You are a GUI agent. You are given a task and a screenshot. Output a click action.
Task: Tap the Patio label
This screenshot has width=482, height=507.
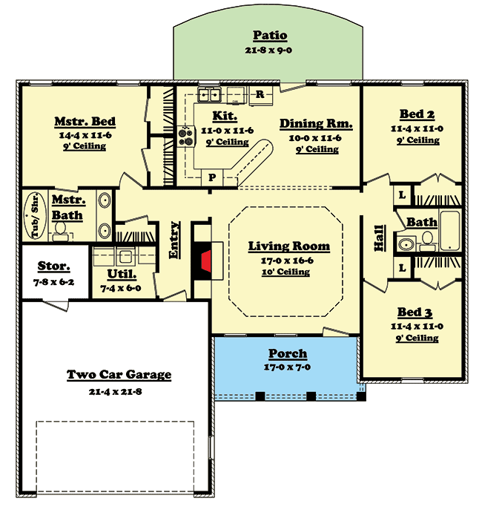point(269,36)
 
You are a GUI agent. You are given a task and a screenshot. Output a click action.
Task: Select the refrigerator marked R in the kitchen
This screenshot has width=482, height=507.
point(260,94)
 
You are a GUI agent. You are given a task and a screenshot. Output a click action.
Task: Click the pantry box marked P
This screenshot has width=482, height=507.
point(211,178)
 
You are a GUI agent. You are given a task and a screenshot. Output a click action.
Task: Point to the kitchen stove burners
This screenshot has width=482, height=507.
point(185,135)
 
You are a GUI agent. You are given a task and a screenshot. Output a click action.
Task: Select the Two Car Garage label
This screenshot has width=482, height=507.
point(119,375)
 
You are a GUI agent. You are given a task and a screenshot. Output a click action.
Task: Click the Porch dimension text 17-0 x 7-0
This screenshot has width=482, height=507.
point(287,367)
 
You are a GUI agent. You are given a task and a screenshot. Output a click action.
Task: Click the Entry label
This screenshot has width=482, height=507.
point(175,240)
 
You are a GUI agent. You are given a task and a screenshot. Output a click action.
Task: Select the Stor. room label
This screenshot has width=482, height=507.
point(53,266)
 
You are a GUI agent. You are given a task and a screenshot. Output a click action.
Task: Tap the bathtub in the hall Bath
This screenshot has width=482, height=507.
point(451,231)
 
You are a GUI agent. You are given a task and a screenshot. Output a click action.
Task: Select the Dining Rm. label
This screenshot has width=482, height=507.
point(316,124)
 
